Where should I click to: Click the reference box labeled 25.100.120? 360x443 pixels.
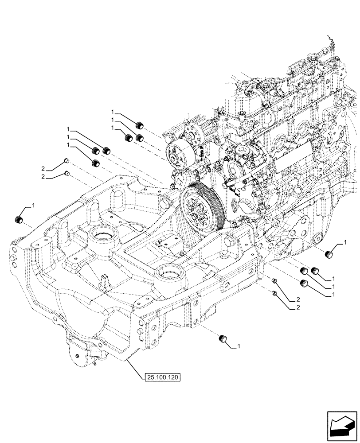click(x=163, y=377)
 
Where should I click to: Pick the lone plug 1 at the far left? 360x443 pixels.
click(x=19, y=219)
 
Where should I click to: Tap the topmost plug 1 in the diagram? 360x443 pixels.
click(x=141, y=123)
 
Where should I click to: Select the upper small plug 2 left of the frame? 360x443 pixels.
click(x=66, y=160)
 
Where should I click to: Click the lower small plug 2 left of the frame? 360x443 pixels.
click(x=66, y=173)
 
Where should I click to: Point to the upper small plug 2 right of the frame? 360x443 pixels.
click(x=274, y=281)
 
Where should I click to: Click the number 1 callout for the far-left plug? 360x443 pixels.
click(x=32, y=206)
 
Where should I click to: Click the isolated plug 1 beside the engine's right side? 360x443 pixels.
click(x=330, y=253)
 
